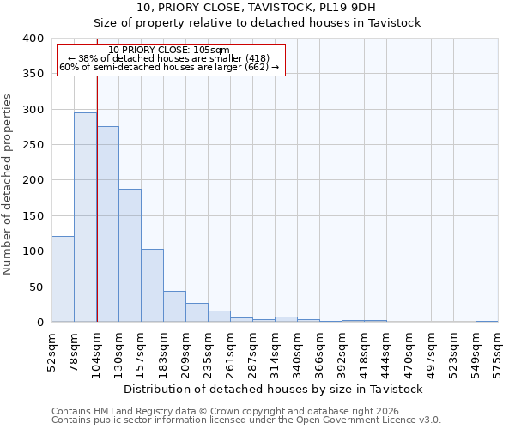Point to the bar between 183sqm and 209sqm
[174, 306]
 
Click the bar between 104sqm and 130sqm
[107, 224]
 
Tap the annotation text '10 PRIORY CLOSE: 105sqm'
[169, 50]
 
